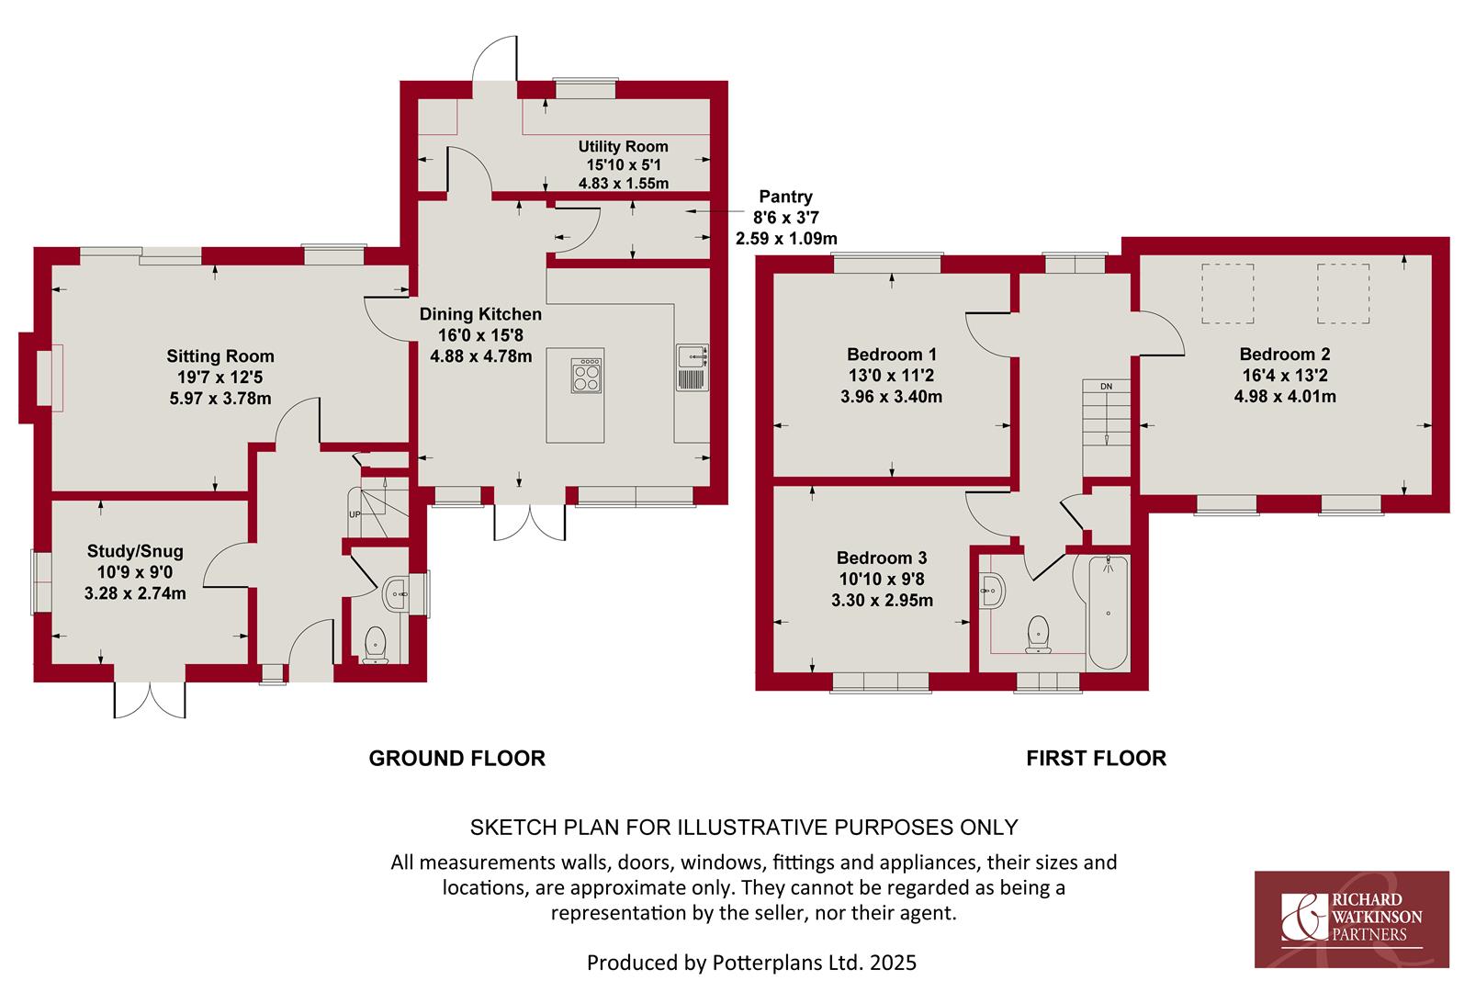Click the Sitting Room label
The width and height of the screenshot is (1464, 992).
coord(220,356)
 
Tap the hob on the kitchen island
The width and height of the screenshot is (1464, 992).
coord(587,375)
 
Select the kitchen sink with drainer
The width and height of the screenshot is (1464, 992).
coord(693,367)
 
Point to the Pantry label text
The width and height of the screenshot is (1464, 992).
coord(785,197)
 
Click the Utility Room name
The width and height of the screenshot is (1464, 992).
coord(623,146)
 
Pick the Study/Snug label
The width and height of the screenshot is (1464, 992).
coord(135,551)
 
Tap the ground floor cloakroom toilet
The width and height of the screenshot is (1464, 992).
coord(375,645)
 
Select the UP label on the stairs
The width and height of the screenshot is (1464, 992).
coord(355,515)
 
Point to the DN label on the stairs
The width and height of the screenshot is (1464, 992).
coord(1106,387)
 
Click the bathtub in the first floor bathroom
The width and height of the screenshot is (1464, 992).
coord(1108,613)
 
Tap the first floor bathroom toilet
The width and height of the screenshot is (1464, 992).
coord(1038,635)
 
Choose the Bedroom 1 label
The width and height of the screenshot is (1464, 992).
coord(892,355)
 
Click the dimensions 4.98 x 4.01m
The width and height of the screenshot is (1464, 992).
coord(1285,397)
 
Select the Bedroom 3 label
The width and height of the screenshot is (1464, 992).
coord(882,558)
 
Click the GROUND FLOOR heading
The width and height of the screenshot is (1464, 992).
coord(456,759)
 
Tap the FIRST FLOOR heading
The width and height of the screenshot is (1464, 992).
coord(1096,759)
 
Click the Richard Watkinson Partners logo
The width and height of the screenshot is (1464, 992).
coord(1352,919)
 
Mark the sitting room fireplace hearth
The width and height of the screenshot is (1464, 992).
coord(50,378)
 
